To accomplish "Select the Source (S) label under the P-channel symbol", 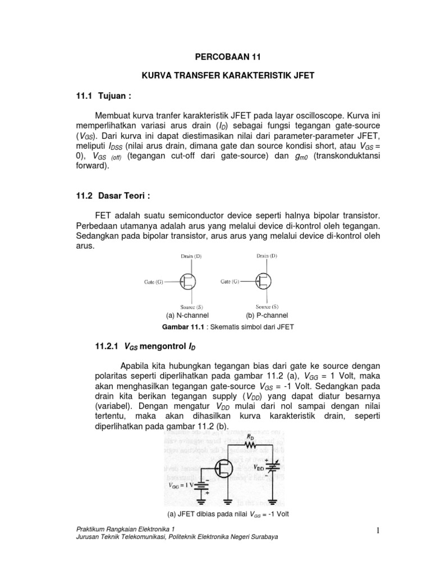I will tap(267, 307).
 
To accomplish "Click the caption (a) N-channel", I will tap(184, 316).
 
